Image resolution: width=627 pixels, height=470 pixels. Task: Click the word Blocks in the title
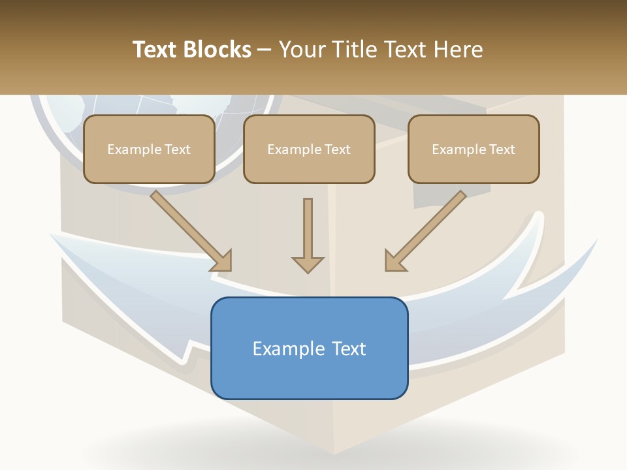[x=217, y=49]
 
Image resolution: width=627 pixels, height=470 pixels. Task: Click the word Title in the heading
[x=353, y=49]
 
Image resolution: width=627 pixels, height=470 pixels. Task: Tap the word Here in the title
[x=458, y=49]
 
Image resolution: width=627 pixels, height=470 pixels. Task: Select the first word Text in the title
[x=155, y=49]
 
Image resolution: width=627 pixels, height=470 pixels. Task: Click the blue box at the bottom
[x=310, y=348]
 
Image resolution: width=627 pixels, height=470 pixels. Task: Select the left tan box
[x=149, y=149]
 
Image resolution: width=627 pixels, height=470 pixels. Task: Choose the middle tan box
[x=309, y=149]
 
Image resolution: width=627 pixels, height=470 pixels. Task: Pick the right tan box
[x=474, y=149]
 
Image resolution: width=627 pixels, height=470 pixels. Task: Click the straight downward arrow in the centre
[x=308, y=236]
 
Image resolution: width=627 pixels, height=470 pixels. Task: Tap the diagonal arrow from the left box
[x=191, y=231]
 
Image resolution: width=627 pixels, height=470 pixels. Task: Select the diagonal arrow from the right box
[x=425, y=231]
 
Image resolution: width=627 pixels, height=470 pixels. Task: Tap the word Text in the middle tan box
[x=338, y=149]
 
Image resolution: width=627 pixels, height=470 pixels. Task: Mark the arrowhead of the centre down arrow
[x=308, y=265]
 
